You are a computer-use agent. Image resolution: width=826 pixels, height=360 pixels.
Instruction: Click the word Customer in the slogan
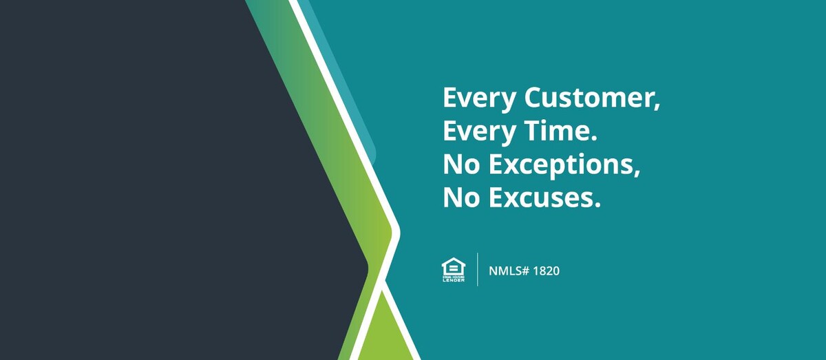click(x=589, y=98)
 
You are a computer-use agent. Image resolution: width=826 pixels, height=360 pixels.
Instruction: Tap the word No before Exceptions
click(x=461, y=165)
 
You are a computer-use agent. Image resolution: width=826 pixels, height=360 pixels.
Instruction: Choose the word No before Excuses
click(x=461, y=198)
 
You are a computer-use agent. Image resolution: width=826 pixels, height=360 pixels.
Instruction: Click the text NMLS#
click(x=509, y=271)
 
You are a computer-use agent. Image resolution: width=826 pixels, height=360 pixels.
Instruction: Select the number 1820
click(x=547, y=271)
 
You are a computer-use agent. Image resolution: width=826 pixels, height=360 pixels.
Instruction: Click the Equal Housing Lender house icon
click(x=454, y=270)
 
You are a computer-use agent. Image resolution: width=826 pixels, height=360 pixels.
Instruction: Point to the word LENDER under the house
click(x=454, y=280)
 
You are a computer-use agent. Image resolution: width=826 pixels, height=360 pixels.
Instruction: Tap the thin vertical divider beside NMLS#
click(x=478, y=269)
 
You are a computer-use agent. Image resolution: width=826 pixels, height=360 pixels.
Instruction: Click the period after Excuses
click(x=597, y=204)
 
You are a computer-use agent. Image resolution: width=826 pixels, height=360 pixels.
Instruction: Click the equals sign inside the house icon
click(x=454, y=268)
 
